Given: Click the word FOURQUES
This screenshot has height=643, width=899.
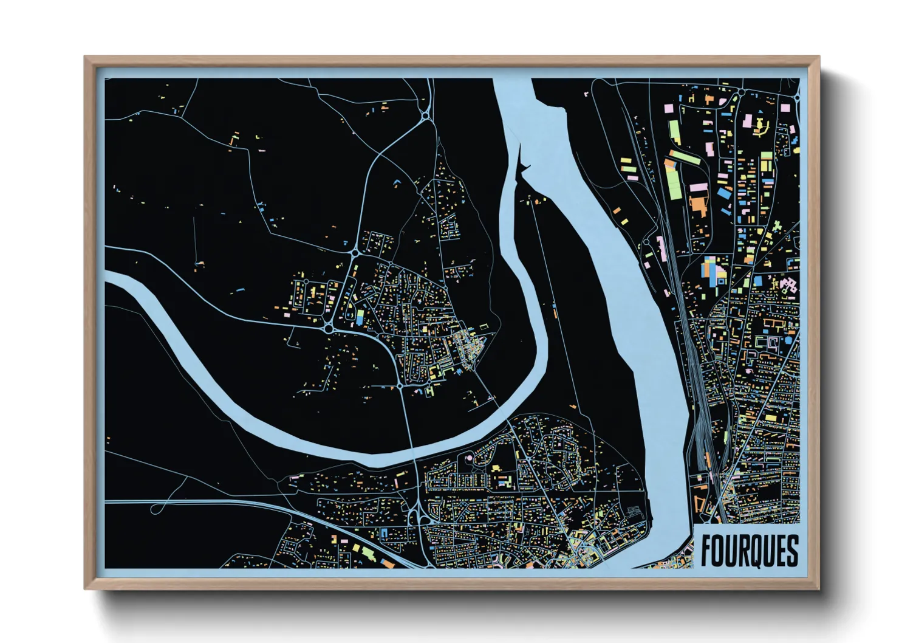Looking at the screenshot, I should (x=749, y=551).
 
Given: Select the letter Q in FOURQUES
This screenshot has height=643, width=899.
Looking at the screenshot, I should (x=751, y=551).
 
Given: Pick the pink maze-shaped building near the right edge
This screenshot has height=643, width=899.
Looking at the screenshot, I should (x=788, y=285).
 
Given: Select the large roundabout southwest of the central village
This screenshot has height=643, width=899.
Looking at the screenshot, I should (x=329, y=329).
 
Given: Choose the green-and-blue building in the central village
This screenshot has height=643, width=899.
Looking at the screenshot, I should (x=360, y=317).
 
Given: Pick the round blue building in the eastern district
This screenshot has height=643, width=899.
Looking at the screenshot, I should (x=788, y=340).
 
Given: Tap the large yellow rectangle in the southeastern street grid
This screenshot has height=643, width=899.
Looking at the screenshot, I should (x=770, y=418).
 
